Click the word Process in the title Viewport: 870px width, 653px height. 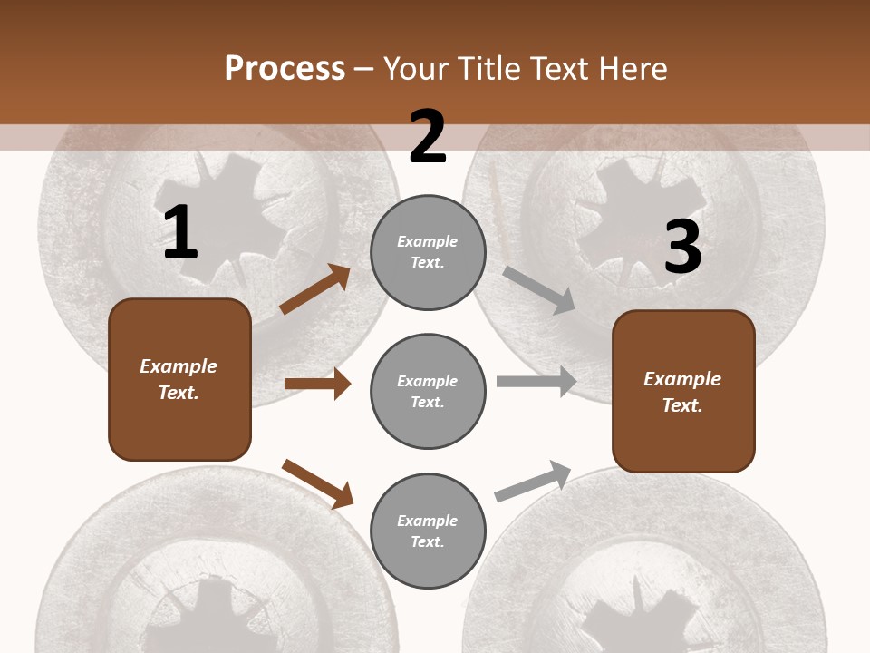[x=285, y=69]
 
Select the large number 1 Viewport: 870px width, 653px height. [x=180, y=234]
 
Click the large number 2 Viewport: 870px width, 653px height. [x=428, y=137]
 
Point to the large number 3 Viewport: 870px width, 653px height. [x=683, y=247]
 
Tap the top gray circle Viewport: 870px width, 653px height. [x=428, y=252]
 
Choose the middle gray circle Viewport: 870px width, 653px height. [x=428, y=391]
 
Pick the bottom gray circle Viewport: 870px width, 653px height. [x=428, y=531]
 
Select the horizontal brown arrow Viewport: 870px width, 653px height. [x=317, y=384]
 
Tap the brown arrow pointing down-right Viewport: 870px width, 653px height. [x=317, y=483]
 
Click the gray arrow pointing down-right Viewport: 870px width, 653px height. [x=539, y=290]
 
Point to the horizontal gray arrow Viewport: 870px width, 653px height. [x=536, y=382]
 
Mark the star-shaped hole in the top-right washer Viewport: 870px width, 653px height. [x=640, y=209]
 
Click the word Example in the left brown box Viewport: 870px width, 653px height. [x=179, y=366]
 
